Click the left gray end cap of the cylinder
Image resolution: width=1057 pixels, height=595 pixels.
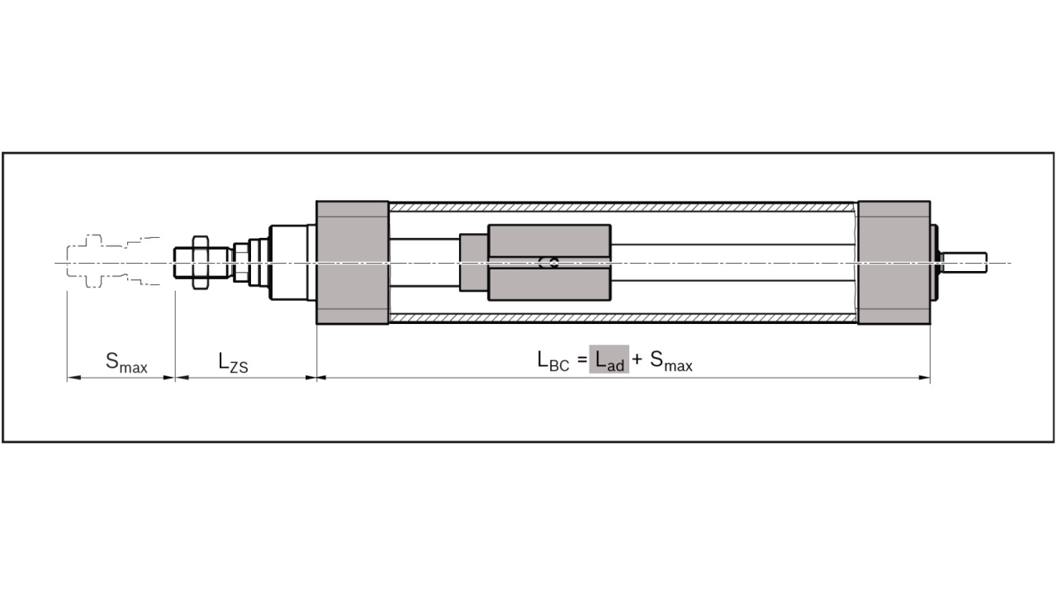(353, 262)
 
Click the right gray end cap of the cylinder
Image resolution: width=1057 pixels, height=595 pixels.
(894, 262)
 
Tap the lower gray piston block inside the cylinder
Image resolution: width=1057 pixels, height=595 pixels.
(549, 284)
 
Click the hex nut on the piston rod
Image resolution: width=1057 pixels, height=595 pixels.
(199, 262)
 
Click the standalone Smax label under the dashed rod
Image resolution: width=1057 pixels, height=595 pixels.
(126, 362)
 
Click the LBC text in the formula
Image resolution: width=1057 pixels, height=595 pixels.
(552, 361)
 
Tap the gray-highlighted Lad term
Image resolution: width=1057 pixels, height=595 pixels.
(609, 361)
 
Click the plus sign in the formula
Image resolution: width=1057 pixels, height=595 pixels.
(638, 360)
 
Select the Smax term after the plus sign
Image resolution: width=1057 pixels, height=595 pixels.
(671, 362)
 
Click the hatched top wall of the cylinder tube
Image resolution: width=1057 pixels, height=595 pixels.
(623, 205)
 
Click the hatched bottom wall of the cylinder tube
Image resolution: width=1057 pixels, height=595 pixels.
(623, 318)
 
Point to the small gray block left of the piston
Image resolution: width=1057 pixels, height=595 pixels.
(474, 263)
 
